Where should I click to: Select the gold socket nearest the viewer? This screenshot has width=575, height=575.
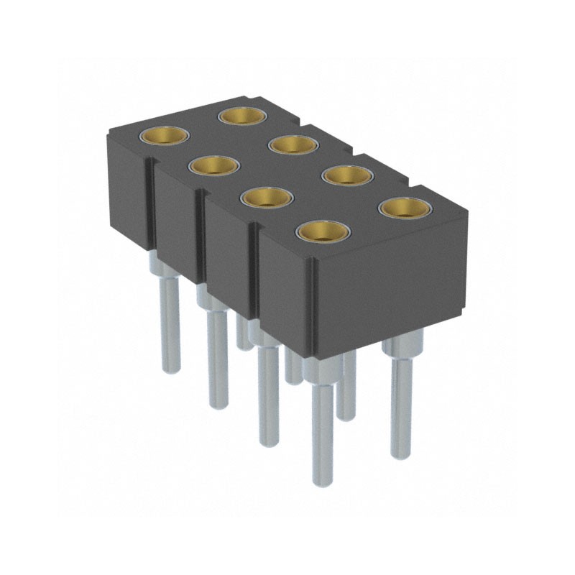point(323,232)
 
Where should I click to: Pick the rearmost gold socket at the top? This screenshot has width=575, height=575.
point(239,114)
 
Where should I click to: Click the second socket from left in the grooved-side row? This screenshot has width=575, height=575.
point(213,166)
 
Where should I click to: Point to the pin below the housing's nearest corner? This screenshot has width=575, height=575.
point(322,431)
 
